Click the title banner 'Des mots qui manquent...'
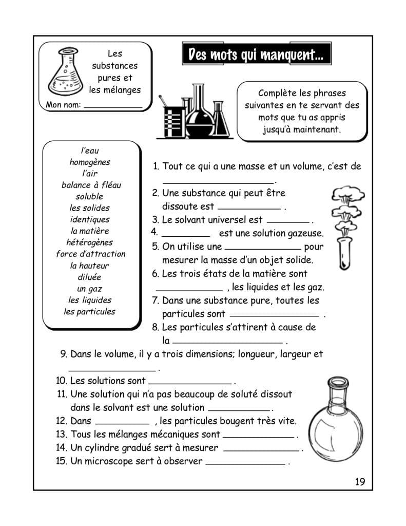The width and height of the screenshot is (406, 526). click(x=256, y=54)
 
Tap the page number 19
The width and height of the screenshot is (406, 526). click(x=359, y=481)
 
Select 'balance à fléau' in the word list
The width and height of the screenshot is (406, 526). click(x=91, y=185)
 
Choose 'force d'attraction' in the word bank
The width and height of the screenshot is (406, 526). click(x=90, y=254)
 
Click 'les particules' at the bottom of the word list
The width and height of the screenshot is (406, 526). click(x=89, y=311)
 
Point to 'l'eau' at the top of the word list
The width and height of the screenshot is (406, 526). click(x=90, y=151)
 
